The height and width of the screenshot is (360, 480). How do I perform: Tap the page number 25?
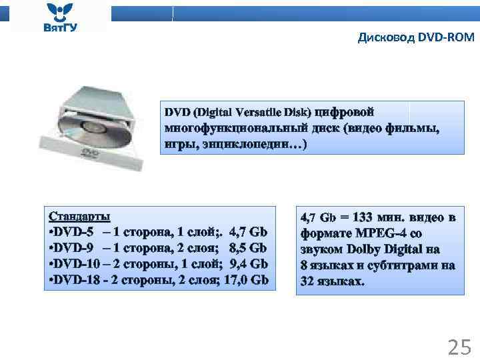click(x=459, y=347)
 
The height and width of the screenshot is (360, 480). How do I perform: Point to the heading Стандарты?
click(x=79, y=216)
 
